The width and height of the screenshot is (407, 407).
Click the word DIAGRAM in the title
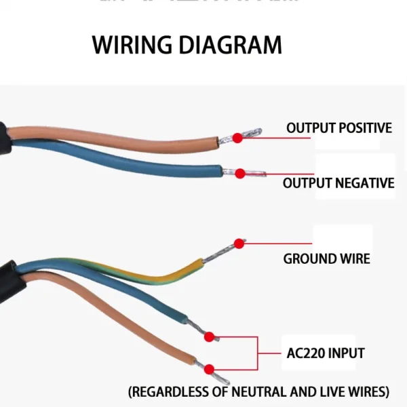click(230, 45)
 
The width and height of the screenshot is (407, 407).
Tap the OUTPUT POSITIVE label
click(338, 128)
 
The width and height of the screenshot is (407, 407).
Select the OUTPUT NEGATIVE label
click(338, 183)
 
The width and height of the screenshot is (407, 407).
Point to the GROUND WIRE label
click(326, 258)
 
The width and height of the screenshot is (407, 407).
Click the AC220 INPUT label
click(324, 353)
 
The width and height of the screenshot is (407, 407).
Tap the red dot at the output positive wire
click(237, 138)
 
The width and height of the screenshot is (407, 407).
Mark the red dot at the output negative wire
click(239, 174)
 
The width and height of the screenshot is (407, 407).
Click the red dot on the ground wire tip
click(239, 243)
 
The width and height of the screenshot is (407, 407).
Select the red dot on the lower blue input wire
click(209, 336)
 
